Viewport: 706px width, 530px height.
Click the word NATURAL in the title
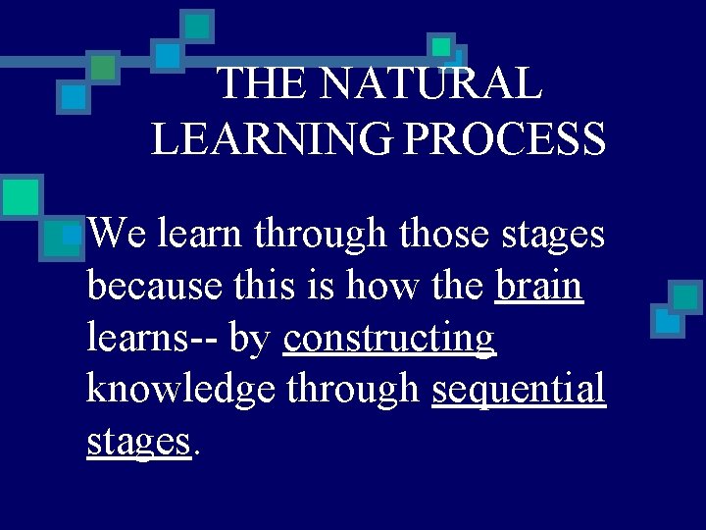click(x=431, y=83)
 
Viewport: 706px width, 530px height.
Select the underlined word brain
click(x=539, y=287)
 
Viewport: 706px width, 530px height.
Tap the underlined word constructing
click(x=389, y=339)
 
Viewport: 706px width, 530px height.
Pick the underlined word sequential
click(x=518, y=390)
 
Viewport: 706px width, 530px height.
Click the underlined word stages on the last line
click(x=137, y=442)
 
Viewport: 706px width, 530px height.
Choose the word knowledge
click(x=183, y=390)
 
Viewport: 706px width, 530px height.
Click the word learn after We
click(x=199, y=235)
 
